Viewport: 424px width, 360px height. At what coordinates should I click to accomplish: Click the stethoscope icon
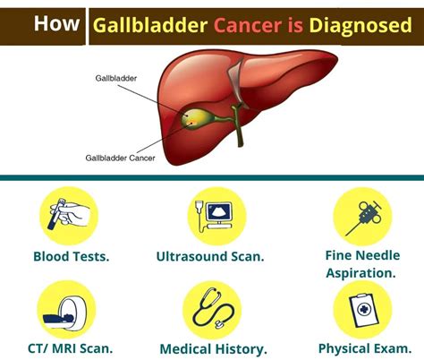pos(212,310)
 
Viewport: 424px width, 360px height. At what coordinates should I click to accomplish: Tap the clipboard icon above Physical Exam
pos(362,308)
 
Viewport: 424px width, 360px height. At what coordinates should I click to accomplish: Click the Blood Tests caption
pos(71,257)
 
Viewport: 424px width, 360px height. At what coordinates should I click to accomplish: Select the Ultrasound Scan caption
pos(210,257)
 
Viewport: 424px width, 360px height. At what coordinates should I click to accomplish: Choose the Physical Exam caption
pos(363,347)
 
